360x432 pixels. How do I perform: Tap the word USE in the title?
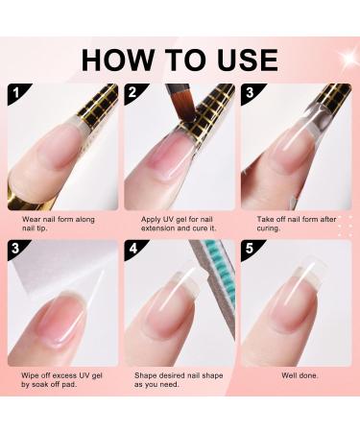[247, 60]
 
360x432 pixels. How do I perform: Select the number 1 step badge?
[16, 93]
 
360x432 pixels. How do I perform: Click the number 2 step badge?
[132, 92]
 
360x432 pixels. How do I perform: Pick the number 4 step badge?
[132, 249]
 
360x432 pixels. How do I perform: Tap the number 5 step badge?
[250, 249]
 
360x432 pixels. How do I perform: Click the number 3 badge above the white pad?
[15, 249]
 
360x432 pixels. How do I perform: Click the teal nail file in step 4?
[223, 276]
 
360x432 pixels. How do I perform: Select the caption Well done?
[300, 375]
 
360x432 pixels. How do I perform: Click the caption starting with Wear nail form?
[59, 224]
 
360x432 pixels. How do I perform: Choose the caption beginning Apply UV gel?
[179, 224]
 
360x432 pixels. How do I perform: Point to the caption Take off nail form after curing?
[297, 224]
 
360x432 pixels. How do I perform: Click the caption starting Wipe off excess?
[61, 380]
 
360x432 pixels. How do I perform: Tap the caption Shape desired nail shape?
[179, 380]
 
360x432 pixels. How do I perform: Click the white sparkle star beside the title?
[349, 58]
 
